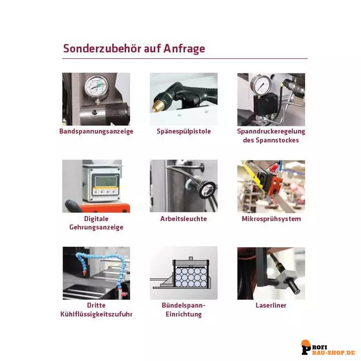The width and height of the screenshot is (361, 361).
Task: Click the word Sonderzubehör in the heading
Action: coord(102,49)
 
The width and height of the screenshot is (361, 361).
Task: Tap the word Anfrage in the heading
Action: coord(184,49)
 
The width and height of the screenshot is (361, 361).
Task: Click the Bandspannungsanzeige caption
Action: coord(96,131)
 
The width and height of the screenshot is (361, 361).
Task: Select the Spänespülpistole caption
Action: coord(184,131)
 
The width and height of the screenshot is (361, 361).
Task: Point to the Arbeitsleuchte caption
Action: coord(184,219)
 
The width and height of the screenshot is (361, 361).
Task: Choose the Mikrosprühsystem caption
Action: coord(271,219)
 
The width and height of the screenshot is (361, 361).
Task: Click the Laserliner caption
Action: coord(271,305)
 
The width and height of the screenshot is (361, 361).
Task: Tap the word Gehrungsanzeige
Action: coord(96,227)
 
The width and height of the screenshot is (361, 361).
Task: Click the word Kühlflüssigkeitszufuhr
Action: coord(96,314)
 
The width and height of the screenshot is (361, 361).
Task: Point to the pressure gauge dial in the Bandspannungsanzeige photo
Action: coord(96,86)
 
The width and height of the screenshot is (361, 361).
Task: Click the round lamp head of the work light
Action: coord(207,190)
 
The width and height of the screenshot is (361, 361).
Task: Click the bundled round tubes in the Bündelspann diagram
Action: coord(191,277)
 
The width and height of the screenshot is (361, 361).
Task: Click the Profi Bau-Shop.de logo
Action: coord(328,347)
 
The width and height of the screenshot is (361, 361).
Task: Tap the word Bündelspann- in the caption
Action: coord(184,306)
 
